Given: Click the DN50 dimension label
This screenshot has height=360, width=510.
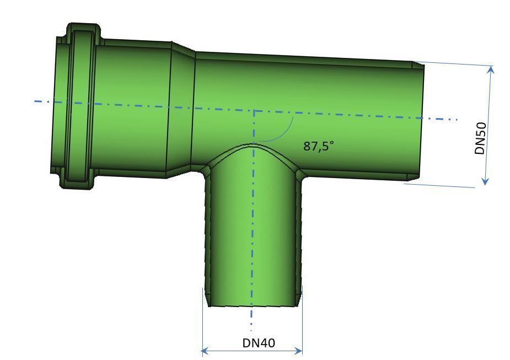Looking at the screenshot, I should click(x=480, y=138).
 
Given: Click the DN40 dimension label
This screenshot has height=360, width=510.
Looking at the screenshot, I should click(x=259, y=343).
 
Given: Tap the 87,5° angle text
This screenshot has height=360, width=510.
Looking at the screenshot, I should click(x=319, y=146).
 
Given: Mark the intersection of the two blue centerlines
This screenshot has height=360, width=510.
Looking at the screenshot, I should click(x=254, y=110).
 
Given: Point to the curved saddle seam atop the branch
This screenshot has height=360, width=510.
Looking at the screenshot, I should click(x=254, y=145).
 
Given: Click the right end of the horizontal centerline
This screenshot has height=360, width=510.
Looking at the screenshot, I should click(x=457, y=119).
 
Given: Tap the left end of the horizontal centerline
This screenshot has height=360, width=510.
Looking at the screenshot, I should click(x=35, y=101).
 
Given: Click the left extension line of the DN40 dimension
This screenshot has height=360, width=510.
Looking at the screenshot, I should click(x=202, y=325).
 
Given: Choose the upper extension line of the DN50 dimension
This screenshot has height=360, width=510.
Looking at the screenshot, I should click(x=452, y=64).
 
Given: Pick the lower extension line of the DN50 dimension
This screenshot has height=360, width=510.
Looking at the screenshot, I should click(x=441, y=186).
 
